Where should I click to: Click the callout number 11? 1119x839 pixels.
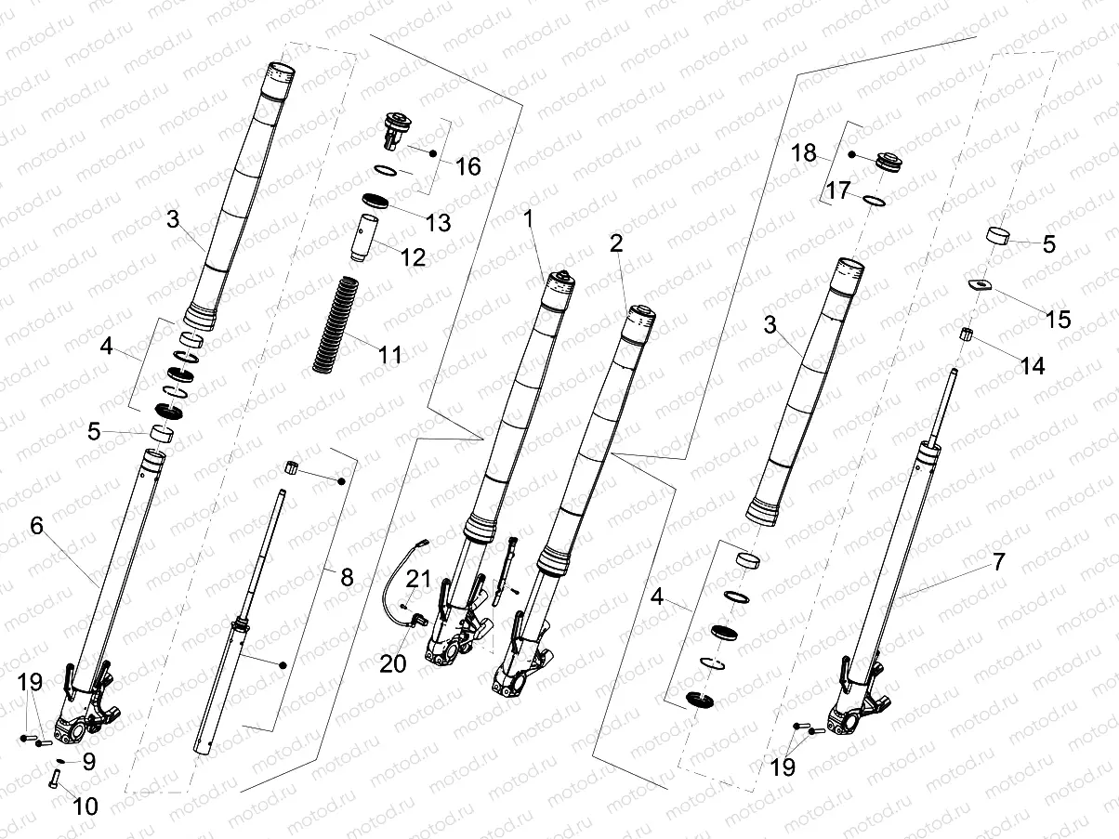click(x=389, y=354)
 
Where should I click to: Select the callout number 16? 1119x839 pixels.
click(x=468, y=166)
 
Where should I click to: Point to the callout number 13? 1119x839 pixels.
click(x=437, y=222)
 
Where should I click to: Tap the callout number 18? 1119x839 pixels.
click(x=804, y=152)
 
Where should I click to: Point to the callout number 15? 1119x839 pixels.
click(x=1058, y=320)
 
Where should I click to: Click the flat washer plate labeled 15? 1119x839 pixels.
click(x=977, y=285)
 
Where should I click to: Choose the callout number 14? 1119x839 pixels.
click(x=1032, y=366)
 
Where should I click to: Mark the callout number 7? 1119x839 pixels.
click(x=998, y=562)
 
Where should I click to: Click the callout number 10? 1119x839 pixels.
click(x=84, y=806)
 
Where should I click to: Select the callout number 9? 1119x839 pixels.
click(x=88, y=762)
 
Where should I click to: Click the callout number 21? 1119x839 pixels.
click(x=418, y=580)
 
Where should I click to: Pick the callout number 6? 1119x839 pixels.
click(x=36, y=526)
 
